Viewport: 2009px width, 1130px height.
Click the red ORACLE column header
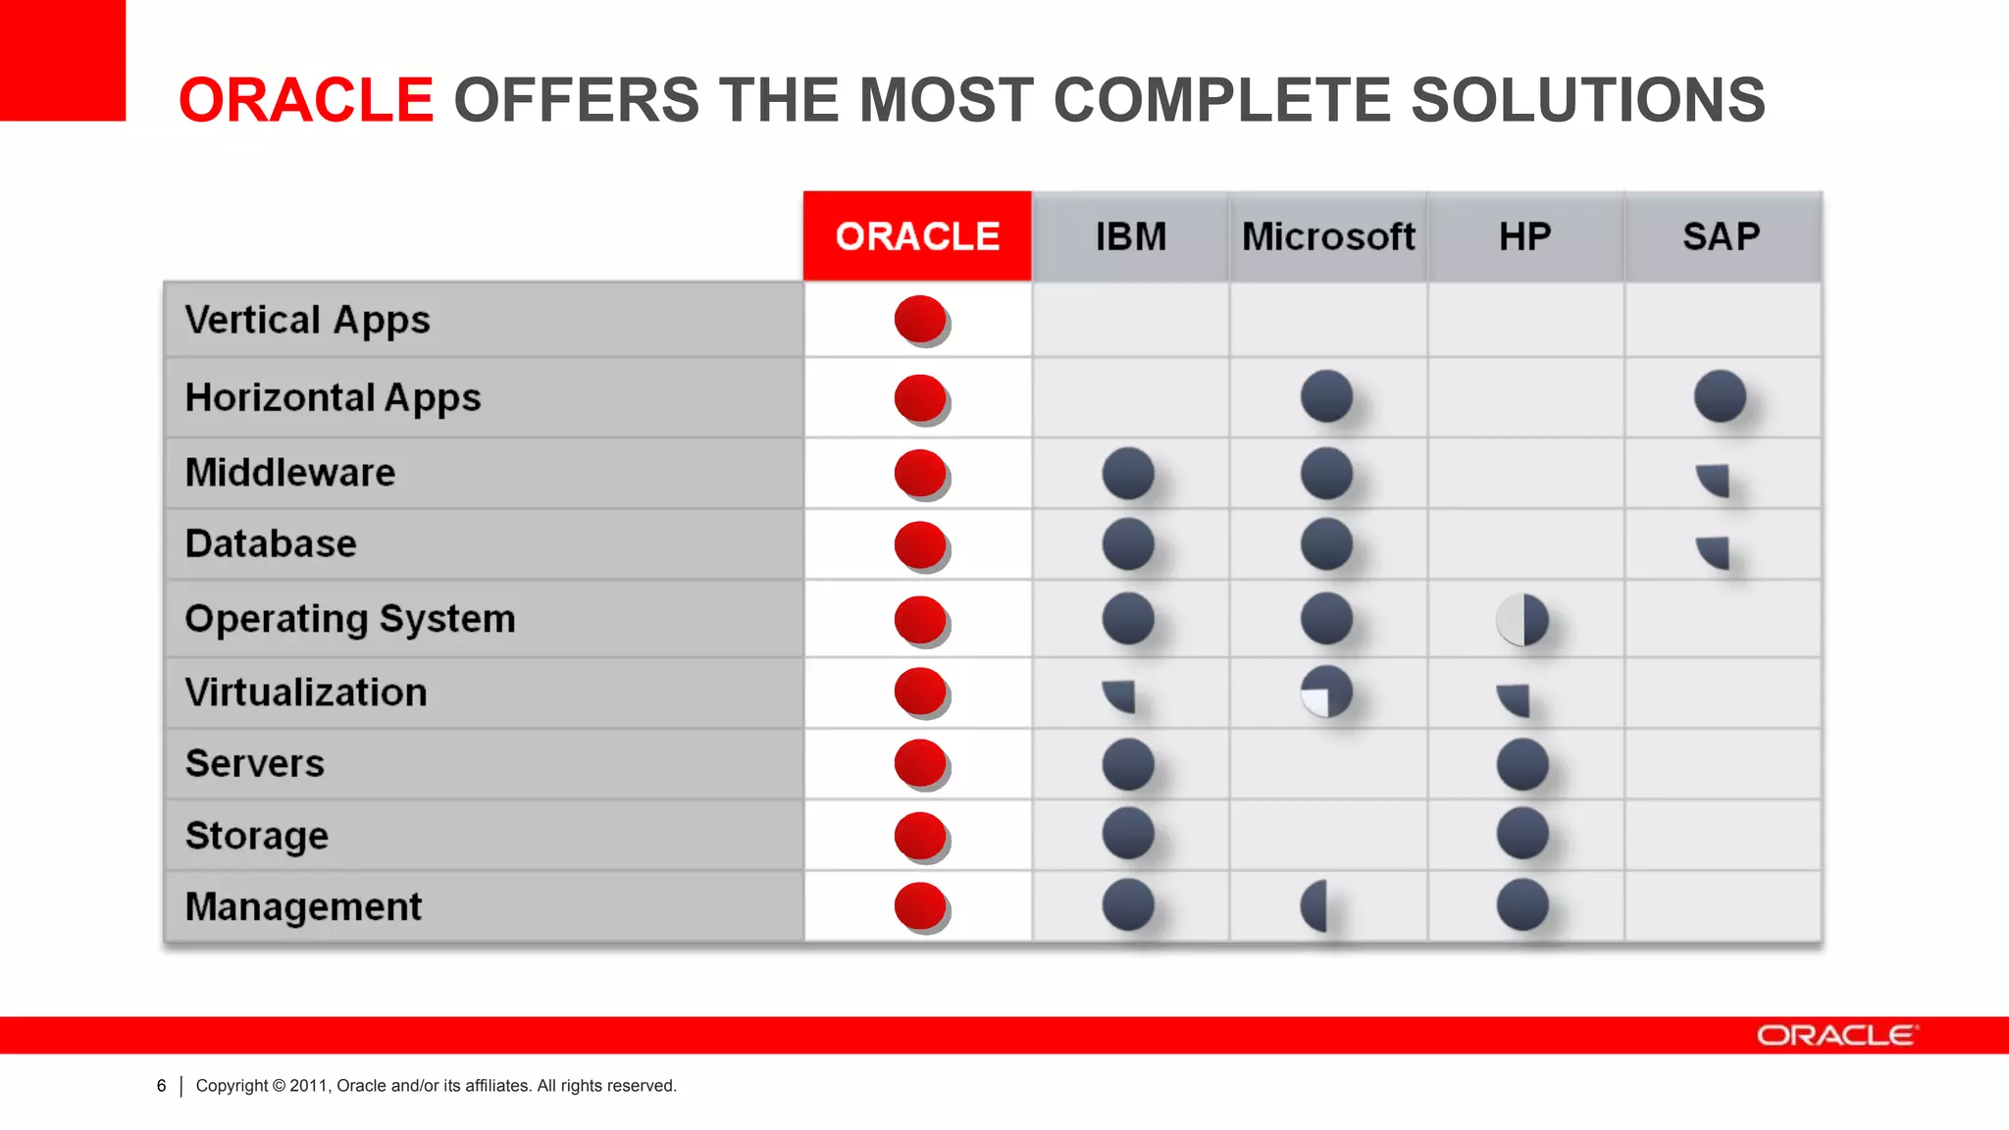click(917, 236)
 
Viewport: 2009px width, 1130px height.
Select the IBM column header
click(1130, 236)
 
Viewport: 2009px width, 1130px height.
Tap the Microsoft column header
click(1328, 236)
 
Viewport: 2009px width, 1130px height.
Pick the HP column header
click(1524, 236)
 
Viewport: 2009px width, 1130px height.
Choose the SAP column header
click(1722, 236)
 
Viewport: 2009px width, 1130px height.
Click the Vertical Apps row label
click(307, 320)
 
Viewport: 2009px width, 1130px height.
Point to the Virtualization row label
click(306, 693)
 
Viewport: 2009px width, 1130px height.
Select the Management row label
click(303, 906)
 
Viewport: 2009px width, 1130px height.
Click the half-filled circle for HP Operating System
click(1522, 620)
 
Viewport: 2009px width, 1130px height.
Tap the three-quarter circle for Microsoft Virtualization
click(1326, 692)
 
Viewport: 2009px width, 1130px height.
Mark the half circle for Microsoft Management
click(1314, 905)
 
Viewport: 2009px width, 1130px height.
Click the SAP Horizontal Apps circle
click(1720, 396)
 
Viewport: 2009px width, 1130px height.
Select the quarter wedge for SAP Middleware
click(1714, 479)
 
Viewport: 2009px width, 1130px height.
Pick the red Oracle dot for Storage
click(920, 836)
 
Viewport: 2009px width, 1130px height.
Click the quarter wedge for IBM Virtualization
click(1120, 694)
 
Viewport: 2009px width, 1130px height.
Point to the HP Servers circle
click(1522, 764)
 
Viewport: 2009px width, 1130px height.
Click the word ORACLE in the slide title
click(305, 100)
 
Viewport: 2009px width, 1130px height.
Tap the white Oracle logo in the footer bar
click(1835, 1036)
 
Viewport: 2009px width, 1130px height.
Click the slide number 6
click(161, 1086)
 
